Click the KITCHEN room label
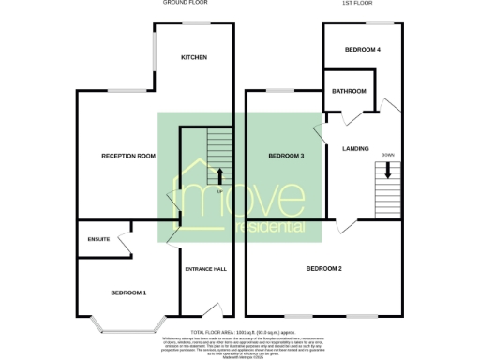pyautogui.click(x=193, y=57)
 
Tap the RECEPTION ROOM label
pyautogui.click(x=127, y=156)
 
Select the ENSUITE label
pyautogui.click(x=98, y=239)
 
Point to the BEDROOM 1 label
pyautogui.click(x=128, y=292)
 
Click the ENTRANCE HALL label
pyautogui.click(x=205, y=269)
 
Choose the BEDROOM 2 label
pyautogui.click(x=323, y=269)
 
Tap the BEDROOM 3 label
pyautogui.click(x=286, y=156)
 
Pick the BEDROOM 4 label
pyautogui.click(x=362, y=49)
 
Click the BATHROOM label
pyautogui.click(x=349, y=91)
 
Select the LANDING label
pyautogui.click(x=355, y=149)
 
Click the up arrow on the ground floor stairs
pyautogui.click(x=219, y=175)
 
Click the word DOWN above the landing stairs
pyautogui.click(x=388, y=155)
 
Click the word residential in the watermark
pyautogui.click(x=271, y=228)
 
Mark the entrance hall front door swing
pyautogui.click(x=214, y=309)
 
